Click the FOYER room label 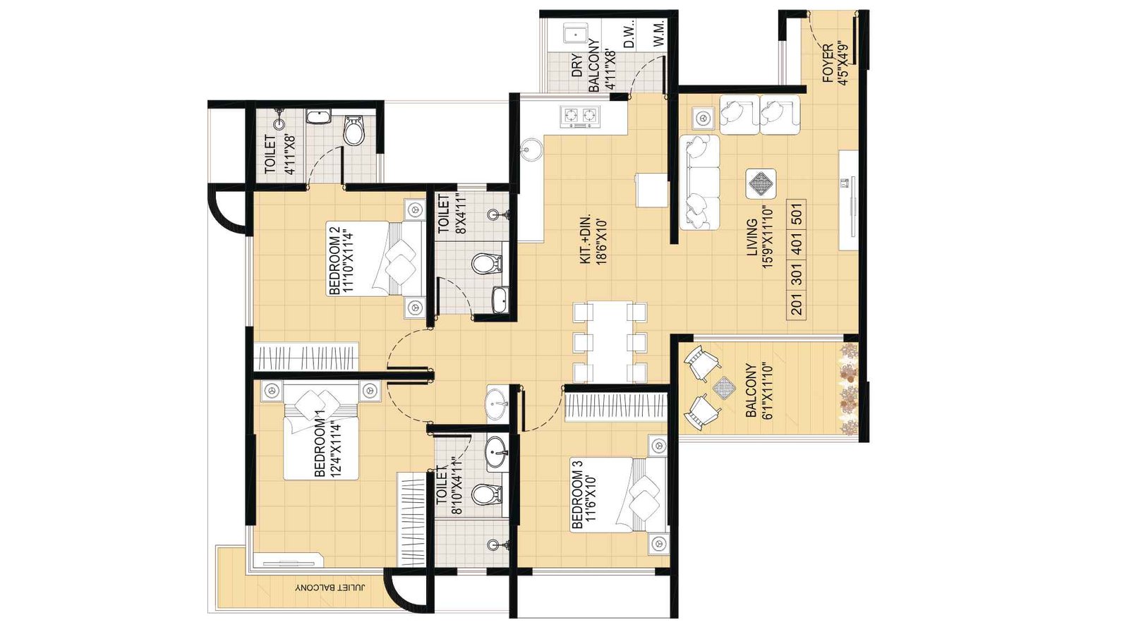[x=834, y=64]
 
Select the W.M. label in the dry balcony [x=658, y=35]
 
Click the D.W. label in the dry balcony [x=629, y=35]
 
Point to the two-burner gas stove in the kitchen [x=579, y=115]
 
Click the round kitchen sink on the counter [x=531, y=149]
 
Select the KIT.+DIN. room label [x=593, y=240]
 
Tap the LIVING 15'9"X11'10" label [x=760, y=237]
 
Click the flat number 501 [x=797, y=212]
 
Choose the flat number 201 [x=797, y=305]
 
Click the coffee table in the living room [x=761, y=184]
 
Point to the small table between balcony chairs [x=724, y=387]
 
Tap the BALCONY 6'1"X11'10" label [x=759, y=390]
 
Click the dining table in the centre [x=610, y=342]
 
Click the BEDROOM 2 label [x=341, y=260]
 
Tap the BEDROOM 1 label [x=327, y=447]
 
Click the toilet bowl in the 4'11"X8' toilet [x=354, y=132]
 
